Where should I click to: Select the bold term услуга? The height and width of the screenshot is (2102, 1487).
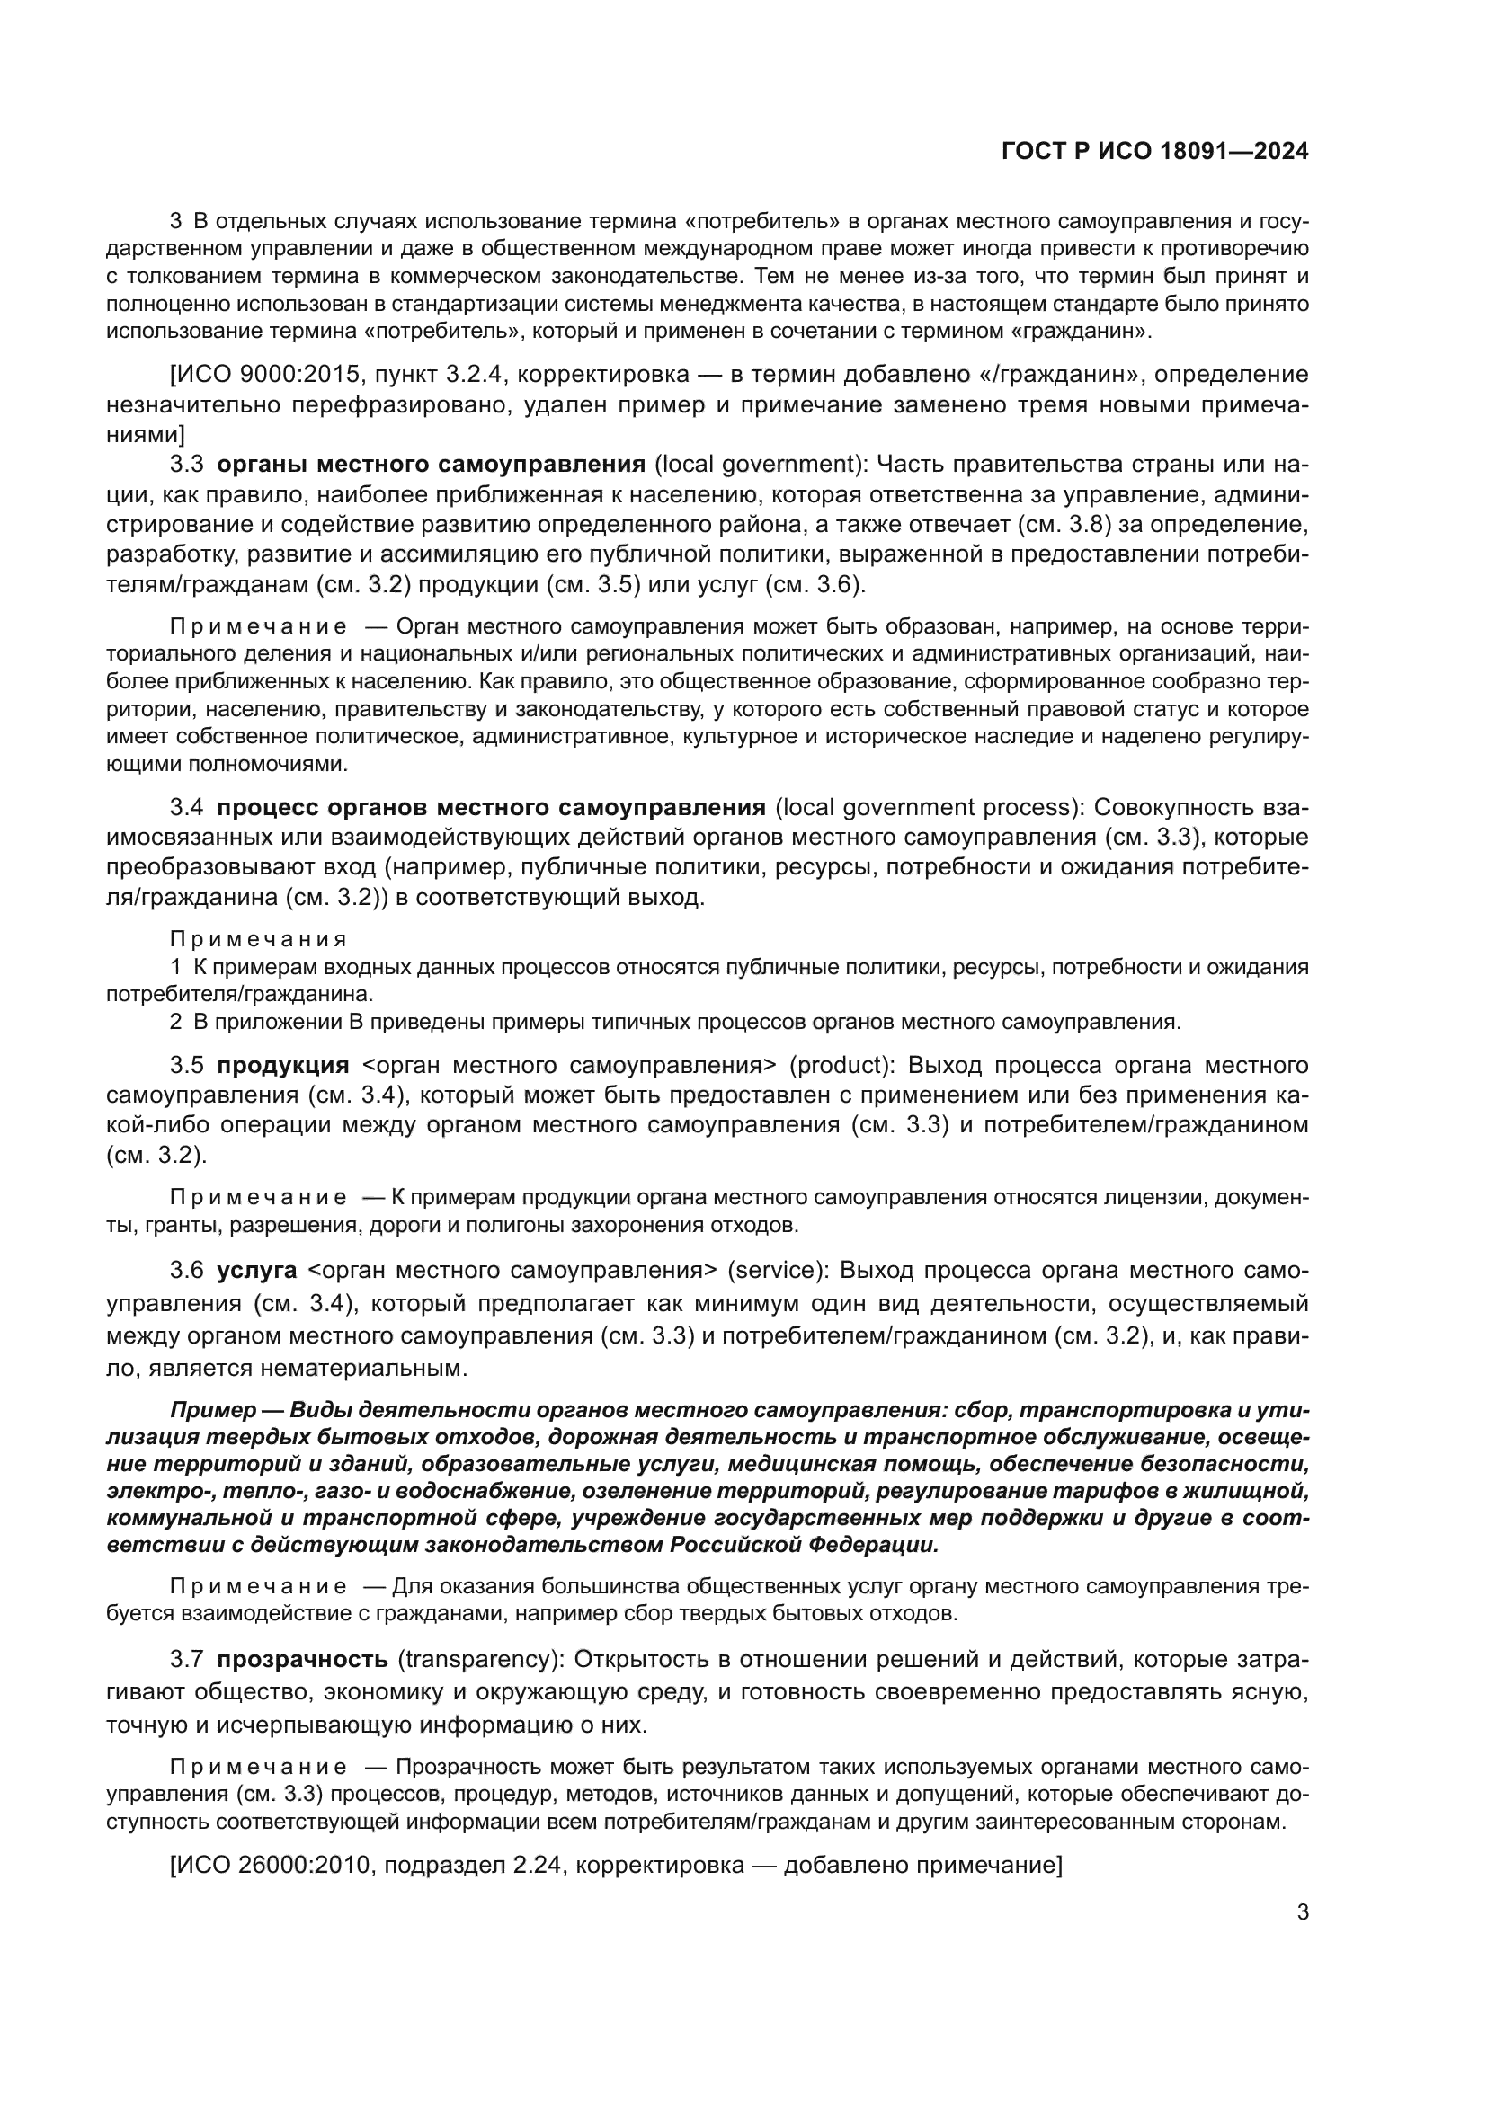(x=256, y=1270)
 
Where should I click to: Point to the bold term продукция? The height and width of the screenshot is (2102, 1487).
(x=283, y=1065)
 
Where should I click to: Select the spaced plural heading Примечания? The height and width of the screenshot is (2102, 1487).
(x=258, y=939)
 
